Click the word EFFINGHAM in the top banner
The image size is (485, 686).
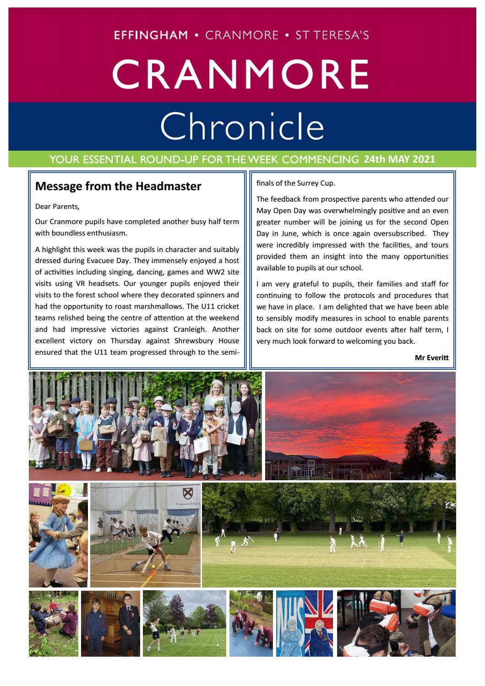coord(151,35)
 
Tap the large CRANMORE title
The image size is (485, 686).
coord(240,74)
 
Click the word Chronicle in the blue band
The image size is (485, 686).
coord(242,126)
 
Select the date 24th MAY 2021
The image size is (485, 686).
coord(399,159)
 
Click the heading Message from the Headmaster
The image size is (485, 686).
coord(118,186)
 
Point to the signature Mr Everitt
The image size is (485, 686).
coord(431,357)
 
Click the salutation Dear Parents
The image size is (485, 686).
coord(57,207)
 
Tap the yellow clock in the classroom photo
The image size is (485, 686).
coord(64,490)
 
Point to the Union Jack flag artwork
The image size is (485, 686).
coord(320,623)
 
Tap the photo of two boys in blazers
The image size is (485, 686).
coord(110,623)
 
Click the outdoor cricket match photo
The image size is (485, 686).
coord(328,534)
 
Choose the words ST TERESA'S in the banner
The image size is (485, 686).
coord(332,35)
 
